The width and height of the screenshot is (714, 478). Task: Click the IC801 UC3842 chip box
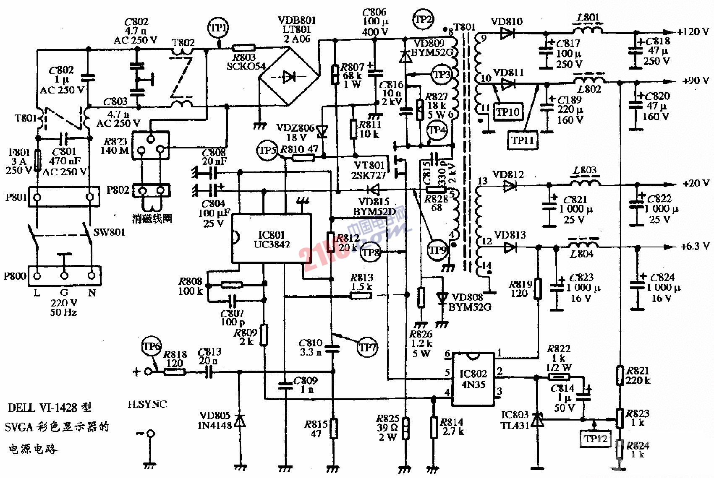pos(272,239)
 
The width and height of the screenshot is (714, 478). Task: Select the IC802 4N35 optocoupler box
pos(473,379)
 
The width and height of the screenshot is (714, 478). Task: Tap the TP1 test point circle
pos(218,28)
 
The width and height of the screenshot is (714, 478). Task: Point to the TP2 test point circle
pos(423,19)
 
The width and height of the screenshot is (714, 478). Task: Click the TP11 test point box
pos(522,140)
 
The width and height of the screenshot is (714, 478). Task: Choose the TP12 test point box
pos(595,439)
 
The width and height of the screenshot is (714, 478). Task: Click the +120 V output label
pos(693,32)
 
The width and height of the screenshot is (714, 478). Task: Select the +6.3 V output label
pos(695,246)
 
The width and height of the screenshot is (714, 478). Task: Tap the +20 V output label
pos(696,183)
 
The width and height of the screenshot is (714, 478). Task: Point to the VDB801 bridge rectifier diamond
pos(288,77)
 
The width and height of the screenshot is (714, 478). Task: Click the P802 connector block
pos(152,191)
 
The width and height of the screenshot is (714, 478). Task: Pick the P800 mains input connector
pos(64,275)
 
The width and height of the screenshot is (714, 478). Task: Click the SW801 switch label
pos(109,232)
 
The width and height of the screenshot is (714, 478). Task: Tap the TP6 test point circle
pos(152,347)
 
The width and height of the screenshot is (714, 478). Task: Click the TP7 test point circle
pos(367,348)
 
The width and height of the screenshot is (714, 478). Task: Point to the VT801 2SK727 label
pos(369,170)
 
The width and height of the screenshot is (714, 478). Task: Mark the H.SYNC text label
pos(147,404)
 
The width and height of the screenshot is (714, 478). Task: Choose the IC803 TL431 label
pos(515,420)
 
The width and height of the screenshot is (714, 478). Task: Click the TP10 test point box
pos(508,112)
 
